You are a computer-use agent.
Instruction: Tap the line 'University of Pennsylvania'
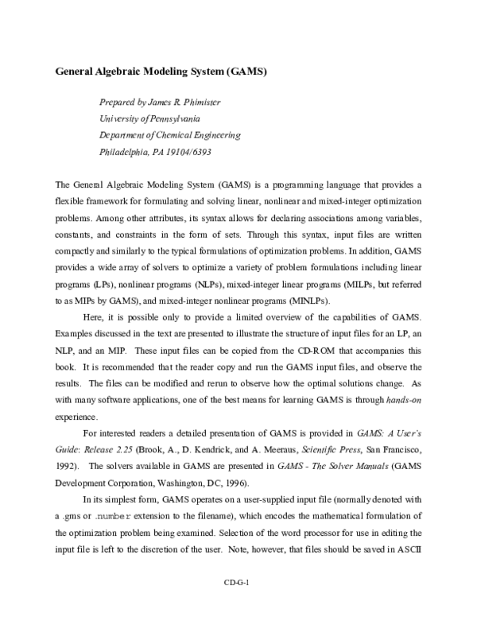tap(149, 119)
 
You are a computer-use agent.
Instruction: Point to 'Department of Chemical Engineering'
tap(169, 135)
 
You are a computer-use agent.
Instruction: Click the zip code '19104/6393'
tap(190, 151)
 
